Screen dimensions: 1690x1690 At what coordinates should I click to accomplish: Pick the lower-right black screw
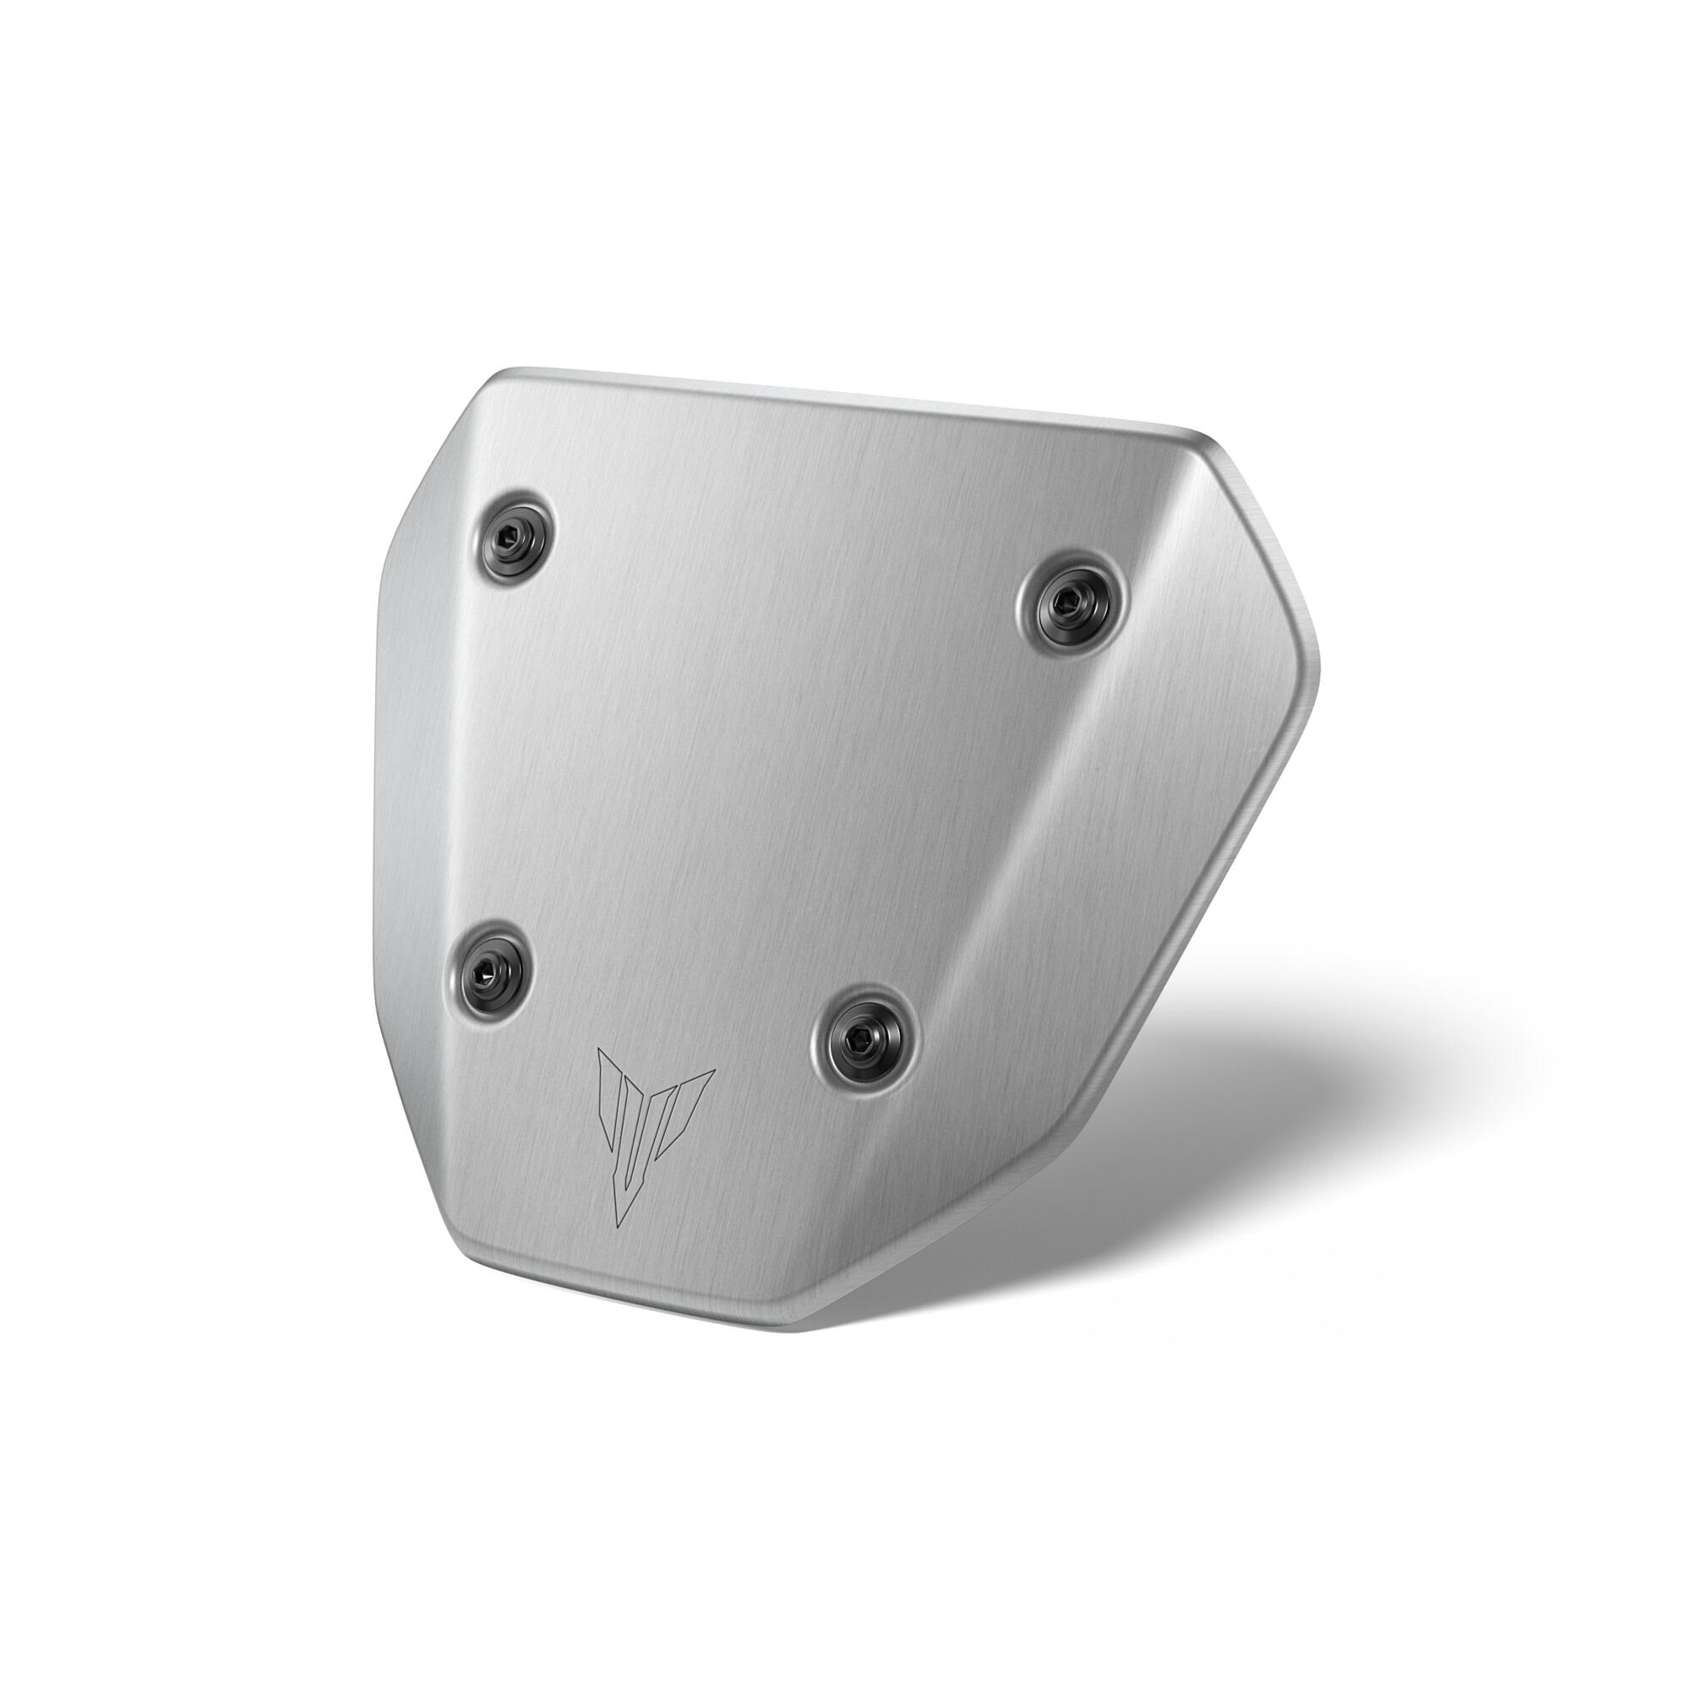click(865, 1040)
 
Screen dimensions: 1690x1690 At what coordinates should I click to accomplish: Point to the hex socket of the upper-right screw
click(1065, 599)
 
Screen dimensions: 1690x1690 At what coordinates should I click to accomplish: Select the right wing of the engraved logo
click(695, 1093)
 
